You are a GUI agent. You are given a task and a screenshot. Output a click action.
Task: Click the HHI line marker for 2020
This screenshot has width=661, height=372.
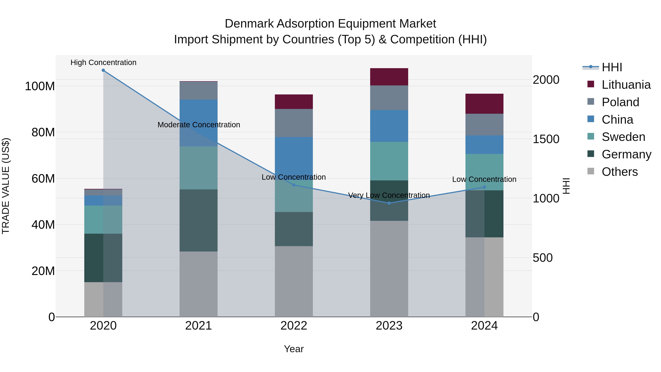[x=103, y=70]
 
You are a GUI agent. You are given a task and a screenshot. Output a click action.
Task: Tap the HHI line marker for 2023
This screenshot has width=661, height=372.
[x=389, y=203]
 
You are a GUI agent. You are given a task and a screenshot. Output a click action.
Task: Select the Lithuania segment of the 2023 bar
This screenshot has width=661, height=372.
[x=389, y=77]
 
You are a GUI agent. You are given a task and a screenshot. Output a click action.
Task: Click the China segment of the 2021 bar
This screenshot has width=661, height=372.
[x=198, y=123]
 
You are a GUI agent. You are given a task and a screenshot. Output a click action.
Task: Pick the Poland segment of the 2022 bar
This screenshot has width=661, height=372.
[x=294, y=123]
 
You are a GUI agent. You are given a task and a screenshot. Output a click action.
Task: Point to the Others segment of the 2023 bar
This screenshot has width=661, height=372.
[x=389, y=269]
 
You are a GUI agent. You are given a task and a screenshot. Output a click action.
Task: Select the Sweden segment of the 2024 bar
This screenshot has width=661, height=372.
[x=484, y=172]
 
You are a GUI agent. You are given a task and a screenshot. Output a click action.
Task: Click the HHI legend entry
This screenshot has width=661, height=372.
[x=612, y=67]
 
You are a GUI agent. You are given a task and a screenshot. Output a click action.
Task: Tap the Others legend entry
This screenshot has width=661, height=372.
[x=620, y=172]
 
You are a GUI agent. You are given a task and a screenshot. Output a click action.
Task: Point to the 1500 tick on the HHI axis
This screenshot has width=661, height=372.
[x=546, y=139]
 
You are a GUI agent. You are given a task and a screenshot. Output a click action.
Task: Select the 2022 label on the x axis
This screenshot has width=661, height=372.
[x=294, y=326]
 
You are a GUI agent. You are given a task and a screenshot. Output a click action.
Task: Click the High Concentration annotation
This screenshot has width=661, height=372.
[x=103, y=62]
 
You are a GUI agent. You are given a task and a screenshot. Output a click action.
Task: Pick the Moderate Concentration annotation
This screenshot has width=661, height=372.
[x=199, y=125]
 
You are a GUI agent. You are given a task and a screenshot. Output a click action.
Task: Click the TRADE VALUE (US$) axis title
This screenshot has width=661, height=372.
[x=6, y=186]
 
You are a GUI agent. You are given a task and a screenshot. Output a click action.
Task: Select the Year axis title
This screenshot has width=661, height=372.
[x=294, y=349]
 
